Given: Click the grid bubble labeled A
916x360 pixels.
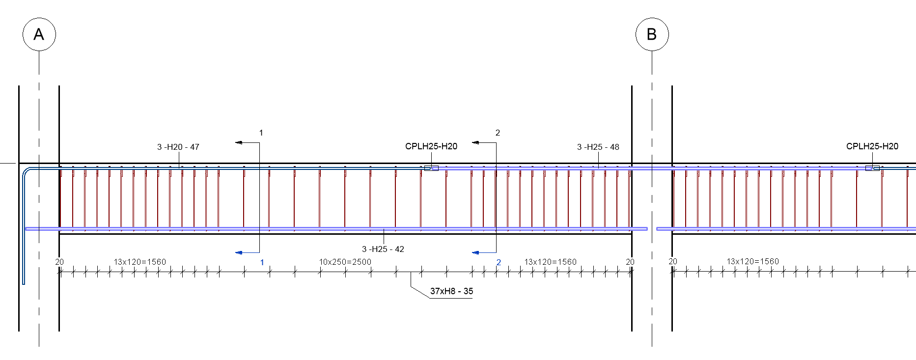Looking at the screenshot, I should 39,34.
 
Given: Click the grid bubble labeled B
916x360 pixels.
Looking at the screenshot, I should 652,34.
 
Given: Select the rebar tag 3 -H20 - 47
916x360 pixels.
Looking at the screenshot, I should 178,147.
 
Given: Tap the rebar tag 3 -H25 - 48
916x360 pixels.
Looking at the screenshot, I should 598,147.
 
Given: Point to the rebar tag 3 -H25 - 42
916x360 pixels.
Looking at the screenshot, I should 383,249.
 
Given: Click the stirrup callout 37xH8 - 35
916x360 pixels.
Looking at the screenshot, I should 451,291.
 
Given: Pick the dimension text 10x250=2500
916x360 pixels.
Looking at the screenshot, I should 345,262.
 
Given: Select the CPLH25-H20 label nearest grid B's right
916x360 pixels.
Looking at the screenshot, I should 872,146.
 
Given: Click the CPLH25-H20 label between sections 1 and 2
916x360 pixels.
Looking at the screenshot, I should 431,146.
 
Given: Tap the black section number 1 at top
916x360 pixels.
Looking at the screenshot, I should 261,133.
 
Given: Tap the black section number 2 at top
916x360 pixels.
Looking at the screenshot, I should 498,133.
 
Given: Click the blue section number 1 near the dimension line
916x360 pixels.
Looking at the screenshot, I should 262,262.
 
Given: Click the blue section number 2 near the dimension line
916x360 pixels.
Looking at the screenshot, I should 499,262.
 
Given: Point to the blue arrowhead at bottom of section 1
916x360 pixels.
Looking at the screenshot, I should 239,252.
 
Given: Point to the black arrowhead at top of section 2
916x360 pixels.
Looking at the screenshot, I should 475,142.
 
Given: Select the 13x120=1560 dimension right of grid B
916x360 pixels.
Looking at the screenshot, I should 752,261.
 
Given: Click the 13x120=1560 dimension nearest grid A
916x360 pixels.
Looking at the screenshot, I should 139,262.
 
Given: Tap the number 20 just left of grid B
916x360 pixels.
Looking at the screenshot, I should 630,262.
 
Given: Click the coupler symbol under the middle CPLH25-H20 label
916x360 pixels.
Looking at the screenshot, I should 431,168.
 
